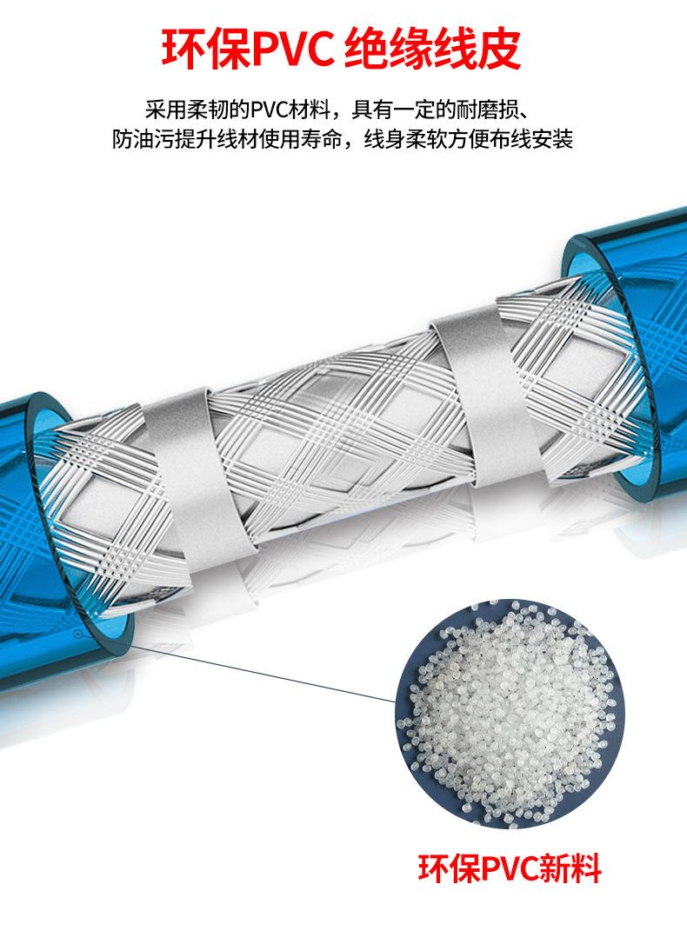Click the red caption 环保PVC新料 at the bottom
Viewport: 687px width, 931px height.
[x=510, y=868]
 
